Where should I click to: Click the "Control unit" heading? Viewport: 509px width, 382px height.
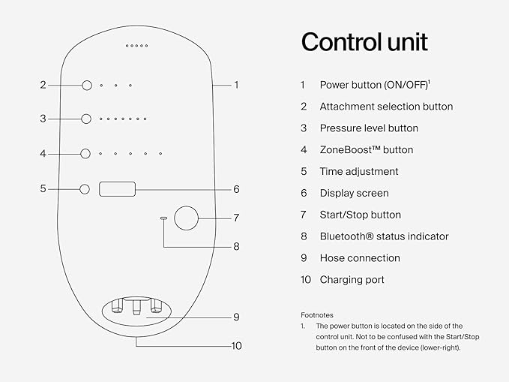click(364, 42)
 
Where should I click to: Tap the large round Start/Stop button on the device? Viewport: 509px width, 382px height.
click(185, 218)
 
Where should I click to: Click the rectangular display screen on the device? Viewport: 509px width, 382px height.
click(117, 188)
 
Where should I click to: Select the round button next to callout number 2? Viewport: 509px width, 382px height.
click(86, 86)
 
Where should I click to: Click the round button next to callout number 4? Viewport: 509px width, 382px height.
click(86, 153)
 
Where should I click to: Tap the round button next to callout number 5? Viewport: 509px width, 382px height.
click(85, 189)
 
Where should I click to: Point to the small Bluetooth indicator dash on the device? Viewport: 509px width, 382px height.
click(163, 218)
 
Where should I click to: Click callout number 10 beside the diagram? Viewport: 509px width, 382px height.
click(237, 347)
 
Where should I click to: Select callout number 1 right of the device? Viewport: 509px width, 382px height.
click(236, 86)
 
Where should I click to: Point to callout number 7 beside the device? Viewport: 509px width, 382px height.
click(236, 218)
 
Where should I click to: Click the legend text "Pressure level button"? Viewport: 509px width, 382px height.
click(369, 128)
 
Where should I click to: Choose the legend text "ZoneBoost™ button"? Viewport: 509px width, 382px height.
click(366, 150)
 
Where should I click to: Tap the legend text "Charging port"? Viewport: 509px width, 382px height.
click(352, 280)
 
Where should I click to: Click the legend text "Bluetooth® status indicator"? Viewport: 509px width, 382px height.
click(384, 236)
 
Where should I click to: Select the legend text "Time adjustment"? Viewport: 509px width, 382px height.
click(359, 172)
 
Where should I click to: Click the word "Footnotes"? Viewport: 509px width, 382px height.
click(317, 315)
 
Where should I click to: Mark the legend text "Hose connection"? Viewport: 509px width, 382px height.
click(359, 258)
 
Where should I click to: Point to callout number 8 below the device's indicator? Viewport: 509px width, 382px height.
click(236, 246)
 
